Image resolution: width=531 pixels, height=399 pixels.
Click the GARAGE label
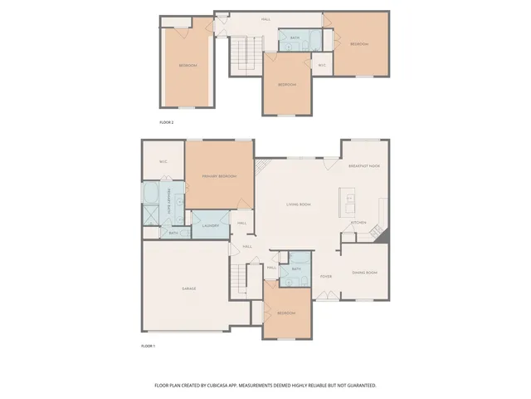189,288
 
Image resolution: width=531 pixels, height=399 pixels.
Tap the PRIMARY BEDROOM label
219,176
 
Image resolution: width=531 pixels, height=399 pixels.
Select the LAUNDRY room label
210,225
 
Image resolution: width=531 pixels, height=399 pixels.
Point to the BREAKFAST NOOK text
363,166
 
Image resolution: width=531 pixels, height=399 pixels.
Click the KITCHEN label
358,222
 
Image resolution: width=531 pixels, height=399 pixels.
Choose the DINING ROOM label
365,273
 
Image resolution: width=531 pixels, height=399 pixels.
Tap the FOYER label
326,276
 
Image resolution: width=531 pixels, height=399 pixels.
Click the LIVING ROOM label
299,204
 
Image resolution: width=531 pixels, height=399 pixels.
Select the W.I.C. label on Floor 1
163,161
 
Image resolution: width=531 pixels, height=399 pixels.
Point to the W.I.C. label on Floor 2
323,65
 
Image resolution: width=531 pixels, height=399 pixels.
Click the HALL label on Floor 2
265,18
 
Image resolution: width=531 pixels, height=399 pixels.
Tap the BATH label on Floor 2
295,38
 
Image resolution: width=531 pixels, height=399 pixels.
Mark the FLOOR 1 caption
148,345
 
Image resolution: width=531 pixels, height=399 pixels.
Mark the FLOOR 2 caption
168,122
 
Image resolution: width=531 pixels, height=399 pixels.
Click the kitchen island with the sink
348,202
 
